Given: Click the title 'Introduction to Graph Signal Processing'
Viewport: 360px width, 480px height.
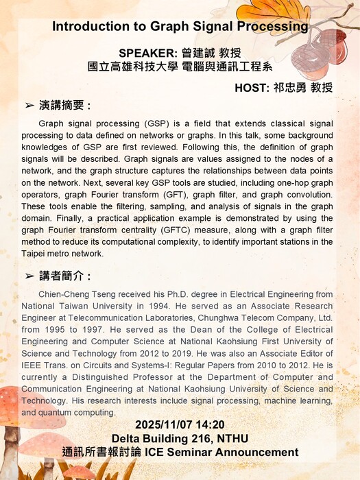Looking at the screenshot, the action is [x=180, y=27].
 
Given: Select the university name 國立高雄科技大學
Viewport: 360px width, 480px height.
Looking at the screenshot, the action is [x=129, y=67].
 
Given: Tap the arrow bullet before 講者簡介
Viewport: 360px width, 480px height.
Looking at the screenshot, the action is [x=29, y=276].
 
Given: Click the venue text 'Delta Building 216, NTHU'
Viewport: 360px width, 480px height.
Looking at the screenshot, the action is [x=180, y=439].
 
